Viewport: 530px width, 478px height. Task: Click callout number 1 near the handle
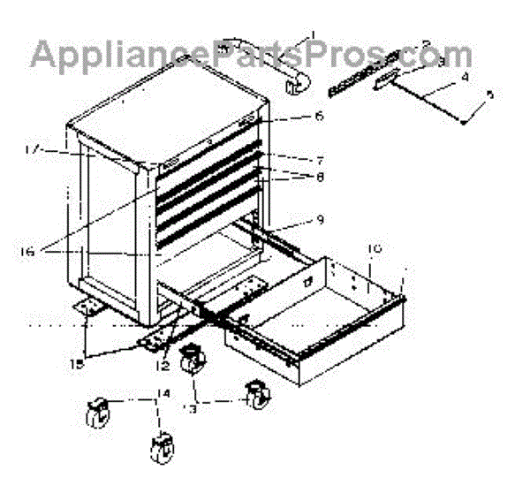[311, 38]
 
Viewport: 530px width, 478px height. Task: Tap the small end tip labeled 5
[464, 123]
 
